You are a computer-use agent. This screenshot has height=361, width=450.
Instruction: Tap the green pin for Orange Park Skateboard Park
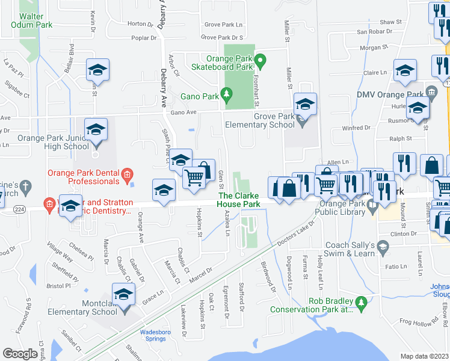pos(260,60)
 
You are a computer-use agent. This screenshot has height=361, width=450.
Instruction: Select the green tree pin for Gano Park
pos(226,94)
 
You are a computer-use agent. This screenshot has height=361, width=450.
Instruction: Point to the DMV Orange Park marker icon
pos(431,91)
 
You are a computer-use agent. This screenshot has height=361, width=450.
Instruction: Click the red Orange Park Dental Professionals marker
pos(127,176)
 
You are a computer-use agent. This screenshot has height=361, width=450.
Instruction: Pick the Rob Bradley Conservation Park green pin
pos(361,301)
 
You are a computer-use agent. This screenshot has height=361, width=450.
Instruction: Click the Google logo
pos(20,353)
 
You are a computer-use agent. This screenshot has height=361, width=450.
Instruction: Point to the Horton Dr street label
pos(137,24)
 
